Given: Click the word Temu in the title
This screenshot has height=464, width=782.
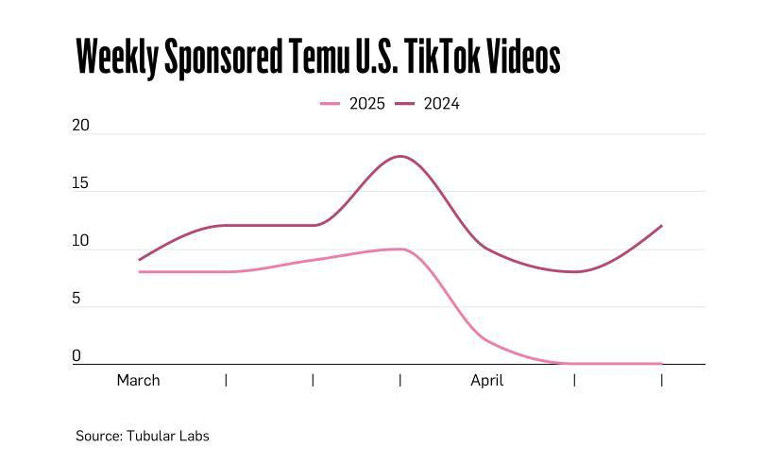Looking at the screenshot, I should pyautogui.click(x=316, y=58).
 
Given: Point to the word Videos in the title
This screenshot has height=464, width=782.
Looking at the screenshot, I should pyautogui.click(x=525, y=58).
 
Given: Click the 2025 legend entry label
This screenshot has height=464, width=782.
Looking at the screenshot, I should pyautogui.click(x=367, y=104).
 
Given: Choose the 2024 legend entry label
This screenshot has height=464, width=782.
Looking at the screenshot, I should pyautogui.click(x=442, y=104).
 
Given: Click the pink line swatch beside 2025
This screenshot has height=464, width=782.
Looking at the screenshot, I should pyautogui.click(x=331, y=104).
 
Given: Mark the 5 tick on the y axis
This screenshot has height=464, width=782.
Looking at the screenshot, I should pyautogui.click(x=77, y=300).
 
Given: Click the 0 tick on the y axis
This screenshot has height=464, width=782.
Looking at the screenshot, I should pyautogui.click(x=77, y=357).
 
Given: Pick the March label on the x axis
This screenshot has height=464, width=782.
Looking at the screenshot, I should pyautogui.click(x=139, y=380).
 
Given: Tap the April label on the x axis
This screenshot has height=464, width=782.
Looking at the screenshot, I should pyautogui.click(x=487, y=380).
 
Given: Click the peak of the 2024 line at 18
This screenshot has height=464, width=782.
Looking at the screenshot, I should pyautogui.click(x=401, y=156).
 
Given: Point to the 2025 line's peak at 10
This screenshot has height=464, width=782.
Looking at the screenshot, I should pyautogui.click(x=400, y=249).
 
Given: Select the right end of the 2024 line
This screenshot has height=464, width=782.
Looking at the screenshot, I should pyautogui.click(x=662, y=226).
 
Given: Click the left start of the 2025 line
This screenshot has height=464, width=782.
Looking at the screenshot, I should pyautogui.click(x=140, y=272).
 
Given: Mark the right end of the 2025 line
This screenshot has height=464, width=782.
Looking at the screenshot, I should pyautogui.click(x=662, y=364).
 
